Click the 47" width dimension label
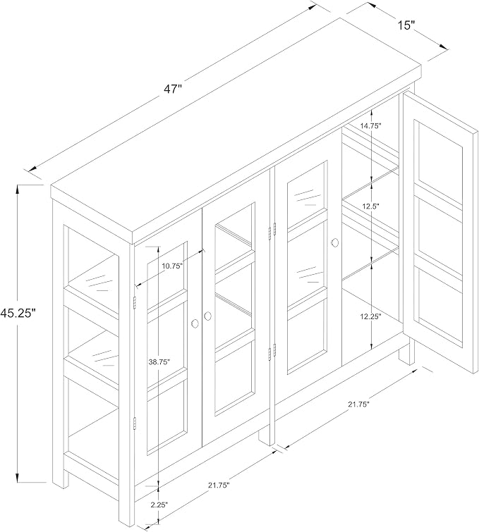tap(174, 89)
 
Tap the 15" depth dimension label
tap(406, 25)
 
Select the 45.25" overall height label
tap(18, 312)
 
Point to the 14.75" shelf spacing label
tap(371, 125)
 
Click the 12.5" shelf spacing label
tap(370, 206)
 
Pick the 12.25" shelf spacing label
tap(371, 316)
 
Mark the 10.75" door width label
tap(172, 266)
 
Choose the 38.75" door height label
tap(159, 362)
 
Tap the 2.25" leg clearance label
tap(159, 505)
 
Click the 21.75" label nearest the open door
tap(358, 404)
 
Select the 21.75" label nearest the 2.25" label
tap(219, 485)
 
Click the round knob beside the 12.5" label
tap(334, 242)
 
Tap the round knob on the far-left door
tap(195, 323)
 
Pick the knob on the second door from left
tap(207, 316)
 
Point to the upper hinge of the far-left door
tap(135, 303)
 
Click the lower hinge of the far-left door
tap(135, 423)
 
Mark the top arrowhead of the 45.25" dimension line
tap(18, 189)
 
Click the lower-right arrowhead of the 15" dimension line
tap(444, 47)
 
